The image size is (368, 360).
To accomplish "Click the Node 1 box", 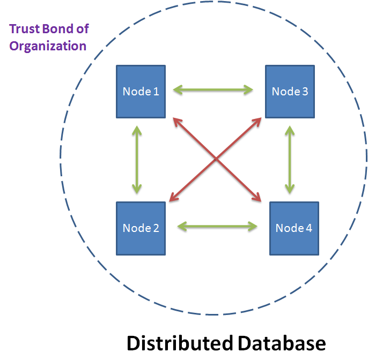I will [141, 91].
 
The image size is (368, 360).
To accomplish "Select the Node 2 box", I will [141, 228].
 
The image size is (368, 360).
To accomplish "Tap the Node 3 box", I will [290, 91].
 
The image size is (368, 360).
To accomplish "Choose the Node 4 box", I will [293, 228].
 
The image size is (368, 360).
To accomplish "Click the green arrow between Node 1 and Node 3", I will [214, 90].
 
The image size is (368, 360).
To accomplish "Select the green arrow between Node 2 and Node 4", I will [217, 226].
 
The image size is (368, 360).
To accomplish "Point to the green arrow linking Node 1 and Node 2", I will [137, 159].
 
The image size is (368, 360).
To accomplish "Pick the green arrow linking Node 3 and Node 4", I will [290, 159].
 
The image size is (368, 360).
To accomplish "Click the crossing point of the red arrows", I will [216, 159].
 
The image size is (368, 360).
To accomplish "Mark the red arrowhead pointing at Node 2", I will [172, 198].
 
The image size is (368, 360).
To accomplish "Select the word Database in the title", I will [282, 343].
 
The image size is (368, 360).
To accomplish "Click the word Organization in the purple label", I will [48, 46].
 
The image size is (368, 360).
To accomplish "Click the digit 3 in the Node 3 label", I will [305, 91].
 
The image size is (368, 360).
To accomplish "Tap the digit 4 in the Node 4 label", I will [308, 228].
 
